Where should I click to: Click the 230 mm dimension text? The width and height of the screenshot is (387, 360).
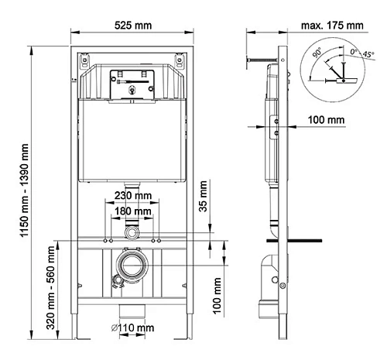(x=132, y=196)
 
